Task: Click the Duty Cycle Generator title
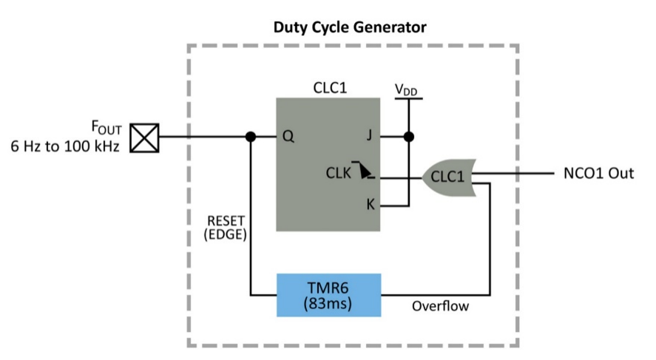pyautogui.click(x=351, y=28)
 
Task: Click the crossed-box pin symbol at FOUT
pyautogui.click(x=144, y=137)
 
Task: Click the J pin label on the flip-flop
pyautogui.click(x=369, y=137)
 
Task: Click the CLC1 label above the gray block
pyautogui.click(x=330, y=89)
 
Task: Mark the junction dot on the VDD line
pyautogui.click(x=408, y=137)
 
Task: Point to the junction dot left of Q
pyautogui.click(x=251, y=137)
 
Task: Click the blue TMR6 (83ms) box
pyautogui.click(x=329, y=295)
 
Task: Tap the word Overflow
pyautogui.click(x=440, y=305)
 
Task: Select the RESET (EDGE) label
pyautogui.click(x=226, y=229)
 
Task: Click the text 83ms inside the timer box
pyautogui.click(x=329, y=304)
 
